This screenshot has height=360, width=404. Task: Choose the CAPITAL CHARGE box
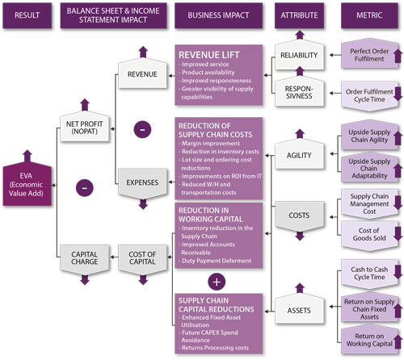pyautogui.click(x=85, y=258)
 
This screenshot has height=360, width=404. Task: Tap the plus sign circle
pyautogui.click(x=217, y=281)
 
